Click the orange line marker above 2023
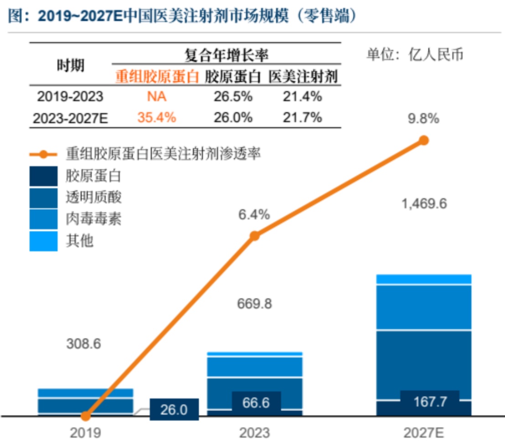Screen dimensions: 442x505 tap(255, 236)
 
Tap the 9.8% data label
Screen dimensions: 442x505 tap(424, 119)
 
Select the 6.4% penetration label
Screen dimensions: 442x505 tap(254, 214)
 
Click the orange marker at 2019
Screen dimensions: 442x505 tap(85, 416)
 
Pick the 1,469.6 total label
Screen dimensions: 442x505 tap(424, 203)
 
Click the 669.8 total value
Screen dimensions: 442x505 tap(254, 303)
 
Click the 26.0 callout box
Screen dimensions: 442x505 tap(174, 410)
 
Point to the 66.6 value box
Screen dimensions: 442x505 tap(256, 403)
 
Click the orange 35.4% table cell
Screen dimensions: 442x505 tap(156, 117)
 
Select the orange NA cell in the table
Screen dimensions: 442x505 tap(156, 97)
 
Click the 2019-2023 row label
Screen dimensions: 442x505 tap(70, 97)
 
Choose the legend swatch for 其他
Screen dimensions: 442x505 tap(44, 241)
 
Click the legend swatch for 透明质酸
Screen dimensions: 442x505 tap(44, 198)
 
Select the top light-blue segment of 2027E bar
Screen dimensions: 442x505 tap(424, 279)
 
